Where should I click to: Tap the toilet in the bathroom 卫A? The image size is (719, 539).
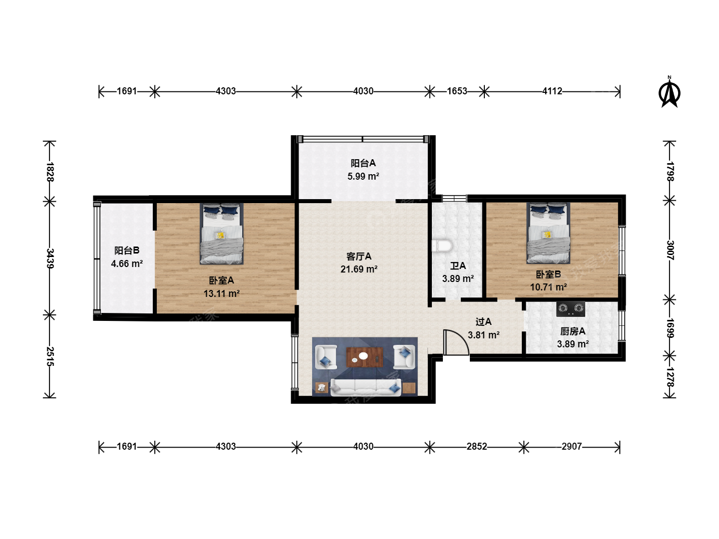[x=442, y=246]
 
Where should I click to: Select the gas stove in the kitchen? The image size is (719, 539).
[x=571, y=308]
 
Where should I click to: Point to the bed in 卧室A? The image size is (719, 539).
[x=222, y=234]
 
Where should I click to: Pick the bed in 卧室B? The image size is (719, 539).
[x=548, y=233]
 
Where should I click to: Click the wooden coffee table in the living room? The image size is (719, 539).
[x=365, y=357]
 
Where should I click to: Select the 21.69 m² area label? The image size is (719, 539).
[x=359, y=269]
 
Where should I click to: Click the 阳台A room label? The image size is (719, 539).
[x=363, y=163]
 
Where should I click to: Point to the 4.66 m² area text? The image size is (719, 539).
[x=127, y=264]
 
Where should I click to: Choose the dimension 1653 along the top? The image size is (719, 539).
[x=457, y=91]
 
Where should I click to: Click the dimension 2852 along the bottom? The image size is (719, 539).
[x=477, y=446]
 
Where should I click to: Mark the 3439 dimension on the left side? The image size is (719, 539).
[x=50, y=259]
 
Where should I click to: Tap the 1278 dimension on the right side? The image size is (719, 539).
[x=670, y=377]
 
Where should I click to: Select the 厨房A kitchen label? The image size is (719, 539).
[x=573, y=331]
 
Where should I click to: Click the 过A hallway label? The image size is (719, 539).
[x=483, y=322]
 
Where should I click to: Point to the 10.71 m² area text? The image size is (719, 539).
[x=549, y=287]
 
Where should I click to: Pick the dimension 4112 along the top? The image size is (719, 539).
[x=552, y=91]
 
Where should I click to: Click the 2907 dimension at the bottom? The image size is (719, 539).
[x=572, y=446]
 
